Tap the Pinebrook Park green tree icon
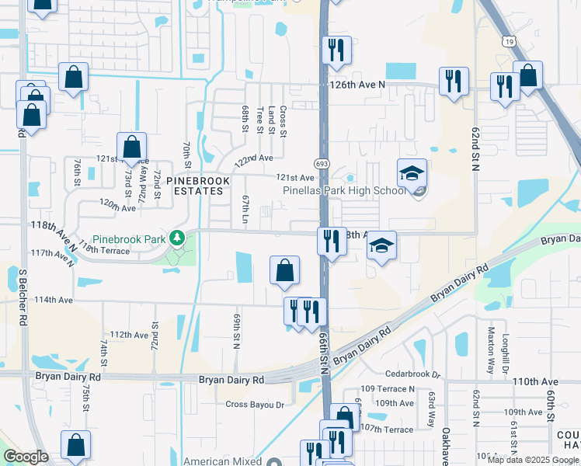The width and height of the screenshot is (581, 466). (179, 237)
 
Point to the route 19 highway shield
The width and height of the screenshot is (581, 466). (507, 40)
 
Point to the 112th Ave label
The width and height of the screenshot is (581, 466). (129, 335)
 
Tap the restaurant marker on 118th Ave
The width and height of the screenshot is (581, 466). (332, 242)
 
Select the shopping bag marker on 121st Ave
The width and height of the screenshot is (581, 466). (131, 148)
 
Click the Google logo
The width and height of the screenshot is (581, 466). (26, 457)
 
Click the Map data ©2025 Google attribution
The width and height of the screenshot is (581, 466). (533, 460)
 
